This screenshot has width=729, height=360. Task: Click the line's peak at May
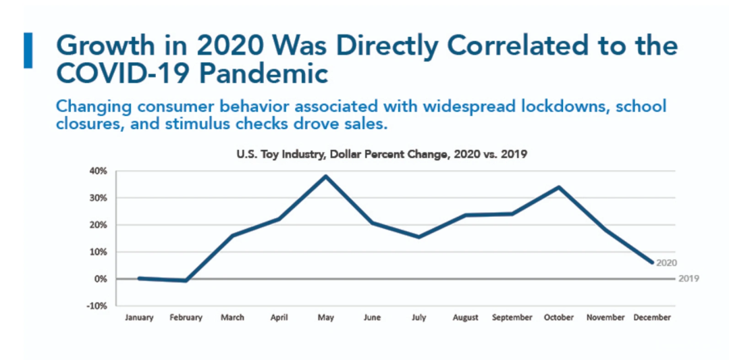326,176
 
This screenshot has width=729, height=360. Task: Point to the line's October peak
558,187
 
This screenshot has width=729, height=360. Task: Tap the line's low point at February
186,280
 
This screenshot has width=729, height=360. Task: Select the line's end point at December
652,263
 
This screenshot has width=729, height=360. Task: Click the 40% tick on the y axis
99,171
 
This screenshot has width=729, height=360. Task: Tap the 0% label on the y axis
101,279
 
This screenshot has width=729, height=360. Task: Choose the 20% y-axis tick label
99,225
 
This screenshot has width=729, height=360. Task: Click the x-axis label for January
139,317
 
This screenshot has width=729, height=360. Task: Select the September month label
512,317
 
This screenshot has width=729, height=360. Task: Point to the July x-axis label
418,317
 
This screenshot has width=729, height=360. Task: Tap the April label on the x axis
279,317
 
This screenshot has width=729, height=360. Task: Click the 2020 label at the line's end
666,263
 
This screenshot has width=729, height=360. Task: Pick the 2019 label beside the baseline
688,278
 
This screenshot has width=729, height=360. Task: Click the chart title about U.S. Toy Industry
381,154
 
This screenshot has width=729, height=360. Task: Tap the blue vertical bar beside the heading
28,49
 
